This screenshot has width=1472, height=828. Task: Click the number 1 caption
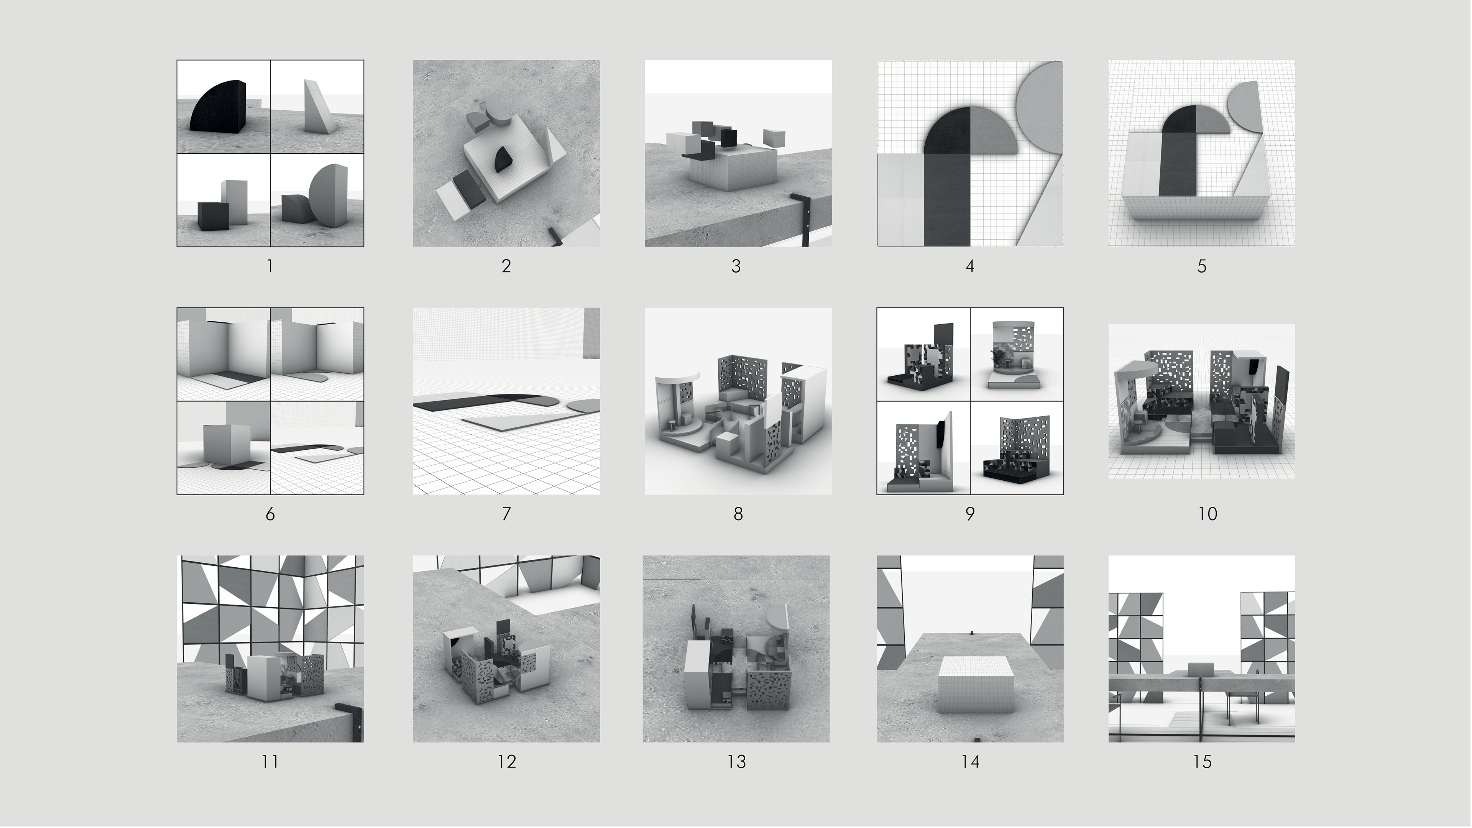(270, 266)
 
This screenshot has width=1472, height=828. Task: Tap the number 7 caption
(506, 514)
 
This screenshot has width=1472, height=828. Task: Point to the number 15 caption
(1202, 762)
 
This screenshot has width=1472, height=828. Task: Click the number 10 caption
(1207, 514)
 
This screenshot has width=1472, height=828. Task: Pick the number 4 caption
(970, 266)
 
